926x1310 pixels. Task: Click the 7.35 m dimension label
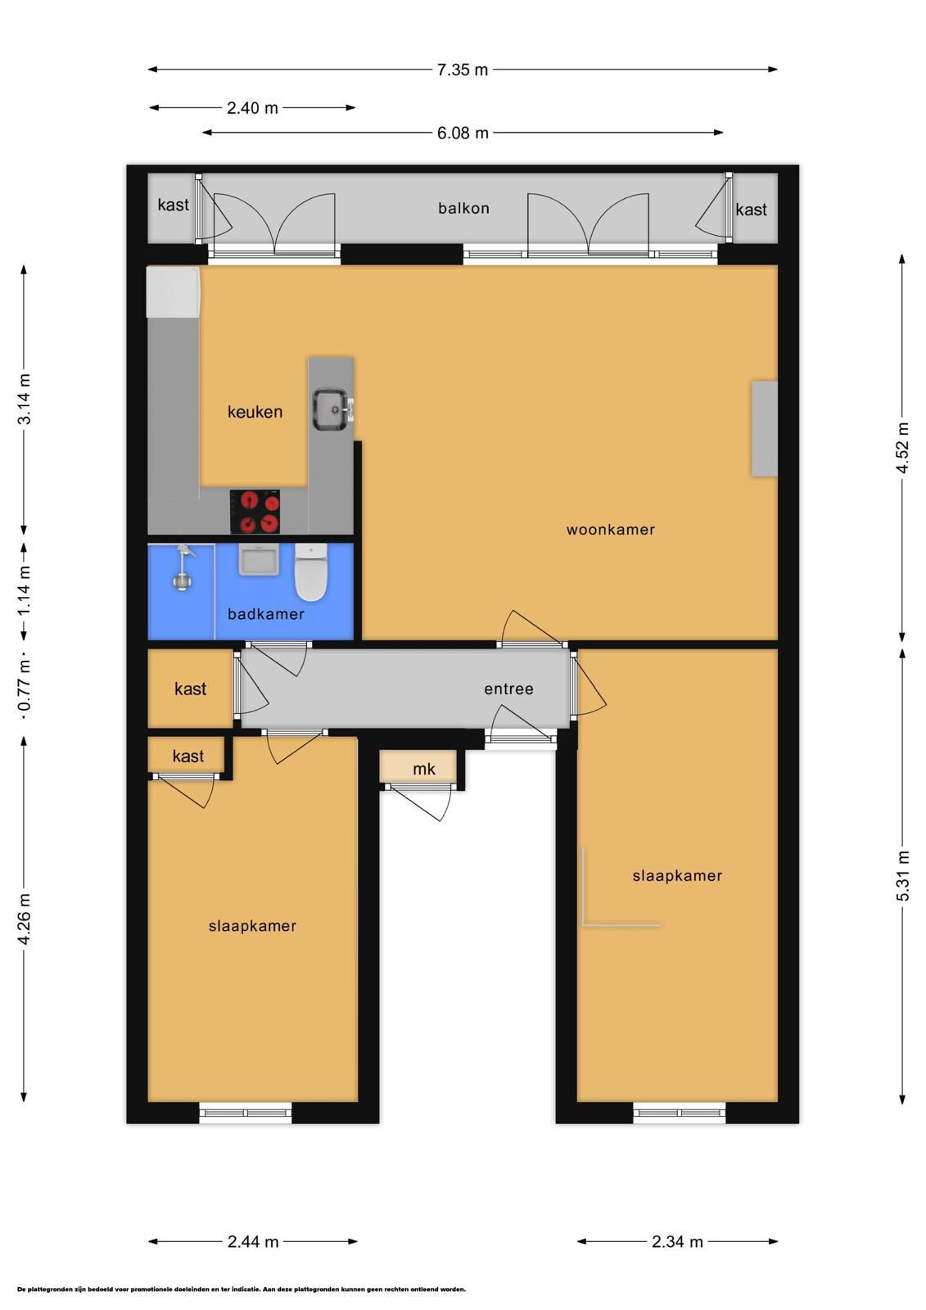point(462,70)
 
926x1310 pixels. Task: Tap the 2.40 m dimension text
point(252,107)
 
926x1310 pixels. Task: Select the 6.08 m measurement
point(463,133)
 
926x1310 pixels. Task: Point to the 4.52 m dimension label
point(902,447)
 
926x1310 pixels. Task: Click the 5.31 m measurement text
point(902,875)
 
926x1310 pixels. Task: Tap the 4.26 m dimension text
point(24,918)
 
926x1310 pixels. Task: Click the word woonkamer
point(610,529)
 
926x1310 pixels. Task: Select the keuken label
point(255,412)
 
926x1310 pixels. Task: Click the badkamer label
point(266,613)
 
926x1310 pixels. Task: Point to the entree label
point(508,689)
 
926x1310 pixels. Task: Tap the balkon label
point(464,208)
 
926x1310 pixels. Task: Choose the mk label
point(423,769)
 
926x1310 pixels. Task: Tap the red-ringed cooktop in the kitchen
point(255,512)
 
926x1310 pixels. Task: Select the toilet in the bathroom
point(310,572)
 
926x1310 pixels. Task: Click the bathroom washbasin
point(258,559)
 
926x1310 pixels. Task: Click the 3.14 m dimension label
point(24,399)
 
